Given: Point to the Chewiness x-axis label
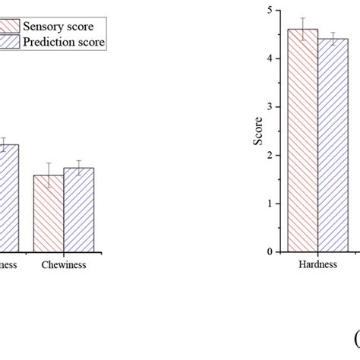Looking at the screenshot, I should (x=63, y=265).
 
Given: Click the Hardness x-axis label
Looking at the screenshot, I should (x=317, y=265).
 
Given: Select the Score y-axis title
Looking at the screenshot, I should (x=259, y=130).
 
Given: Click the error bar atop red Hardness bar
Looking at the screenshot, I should (x=303, y=29).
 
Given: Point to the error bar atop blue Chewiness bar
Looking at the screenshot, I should (x=78, y=168).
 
